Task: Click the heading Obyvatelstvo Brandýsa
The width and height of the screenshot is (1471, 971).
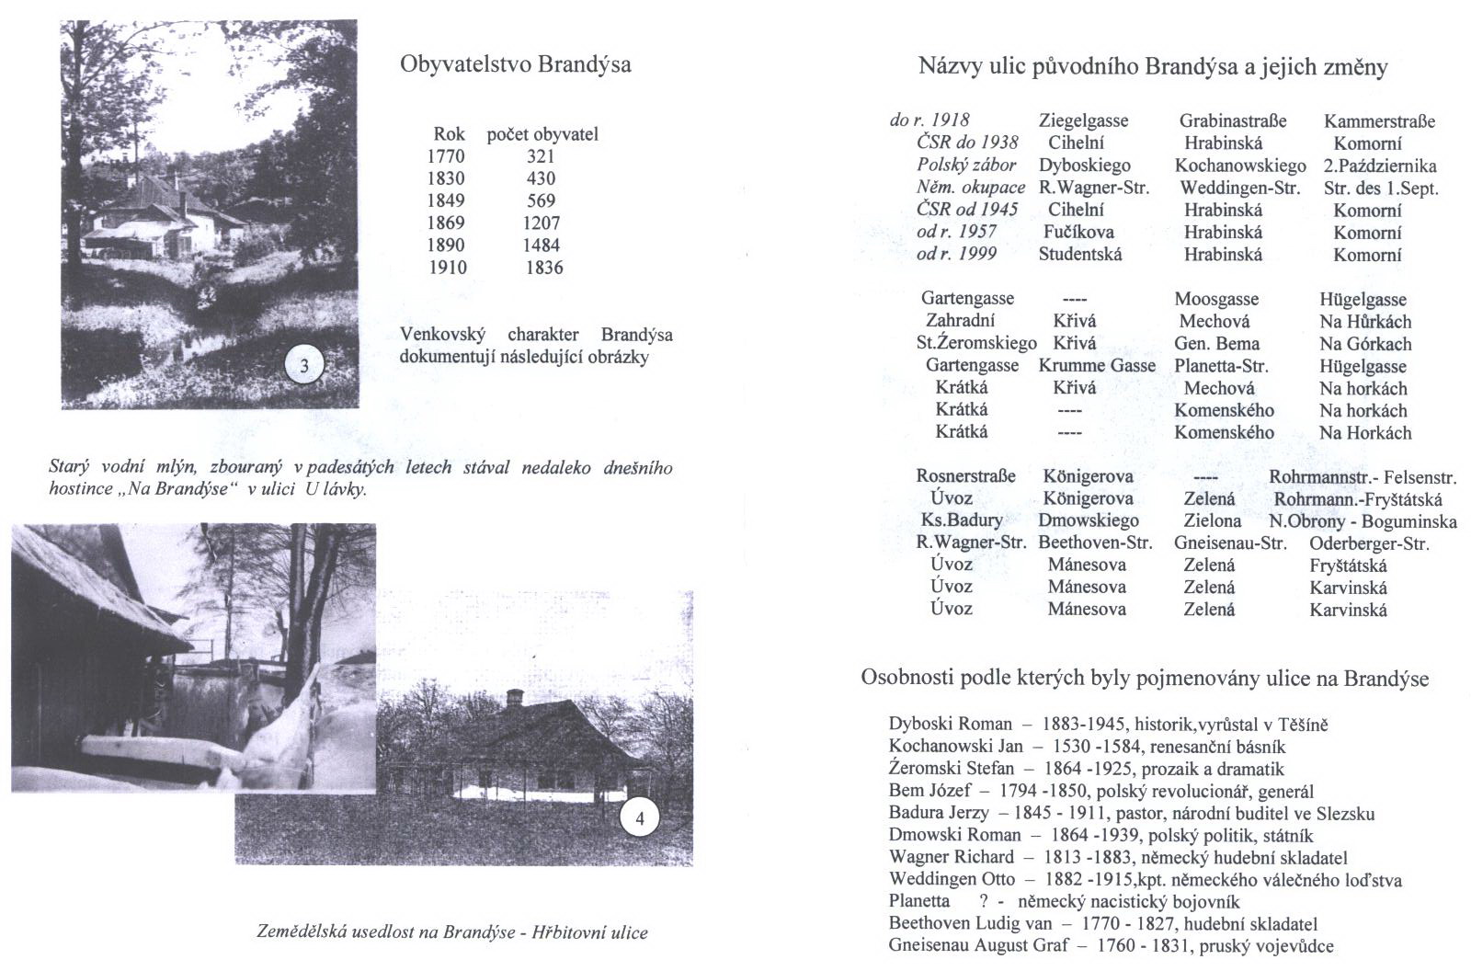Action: (x=515, y=65)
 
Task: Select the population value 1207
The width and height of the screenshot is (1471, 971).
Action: (x=541, y=223)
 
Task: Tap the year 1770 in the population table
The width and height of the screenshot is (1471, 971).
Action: (x=446, y=156)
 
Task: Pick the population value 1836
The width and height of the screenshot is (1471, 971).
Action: (x=543, y=268)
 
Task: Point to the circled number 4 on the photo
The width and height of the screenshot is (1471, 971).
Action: (x=640, y=818)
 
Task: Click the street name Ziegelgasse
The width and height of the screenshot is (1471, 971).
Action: (x=1083, y=120)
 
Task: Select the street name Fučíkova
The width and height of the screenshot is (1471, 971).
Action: (x=1078, y=232)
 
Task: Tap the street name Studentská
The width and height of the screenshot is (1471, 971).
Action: (x=1080, y=254)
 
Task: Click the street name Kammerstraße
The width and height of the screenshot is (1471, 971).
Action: (x=1379, y=120)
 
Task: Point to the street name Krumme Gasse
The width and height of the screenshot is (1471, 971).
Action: (x=1097, y=365)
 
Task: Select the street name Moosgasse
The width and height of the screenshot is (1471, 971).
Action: (x=1216, y=299)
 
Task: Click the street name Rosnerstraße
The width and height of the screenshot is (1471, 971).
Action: (x=965, y=476)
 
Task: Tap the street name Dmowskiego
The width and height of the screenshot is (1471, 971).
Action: (x=1089, y=520)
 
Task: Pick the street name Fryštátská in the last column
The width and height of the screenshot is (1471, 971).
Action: (x=1348, y=565)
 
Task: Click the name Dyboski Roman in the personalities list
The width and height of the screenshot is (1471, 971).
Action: (x=950, y=724)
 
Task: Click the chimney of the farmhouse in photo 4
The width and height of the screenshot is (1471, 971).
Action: (x=515, y=698)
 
